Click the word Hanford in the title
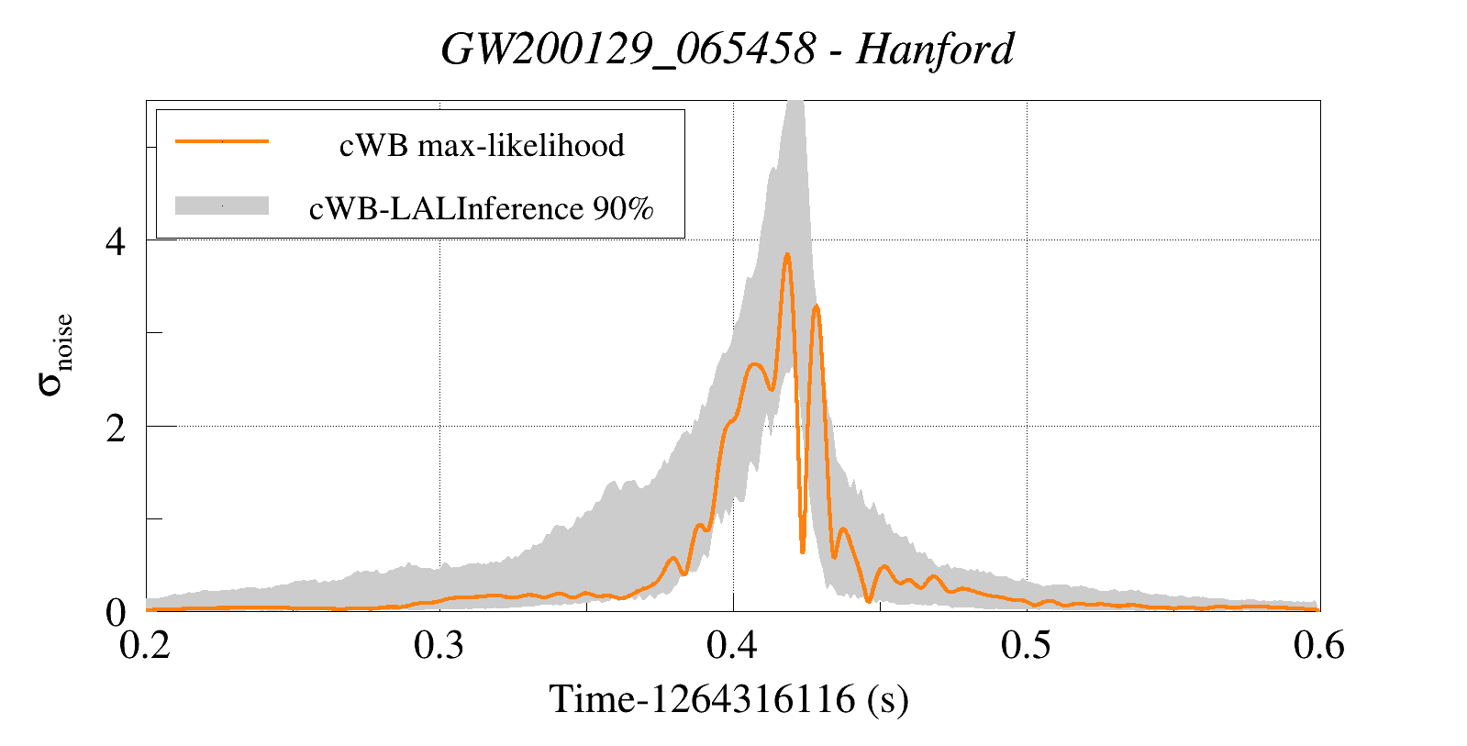click(x=935, y=49)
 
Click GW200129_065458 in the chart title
click(x=628, y=49)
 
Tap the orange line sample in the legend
click(x=222, y=141)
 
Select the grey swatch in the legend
click(x=222, y=206)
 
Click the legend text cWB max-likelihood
click(x=482, y=145)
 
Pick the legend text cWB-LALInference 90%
click(x=481, y=208)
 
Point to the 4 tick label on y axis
click(x=116, y=241)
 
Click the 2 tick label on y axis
click(x=116, y=428)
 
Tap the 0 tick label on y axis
click(x=116, y=612)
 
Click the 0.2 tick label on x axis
click(x=146, y=645)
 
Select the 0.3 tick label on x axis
click(x=439, y=645)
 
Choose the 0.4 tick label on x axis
click(x=733, y=645)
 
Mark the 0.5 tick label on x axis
click(x=1027, y=645)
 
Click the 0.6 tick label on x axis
click(x=1319, y=645)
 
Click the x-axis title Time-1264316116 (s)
click(x=728, y=699)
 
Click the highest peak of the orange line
click(x=786, y=255)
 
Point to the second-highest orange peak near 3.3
click(x=816, y=307)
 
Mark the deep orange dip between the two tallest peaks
click(x=803, y=551)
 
